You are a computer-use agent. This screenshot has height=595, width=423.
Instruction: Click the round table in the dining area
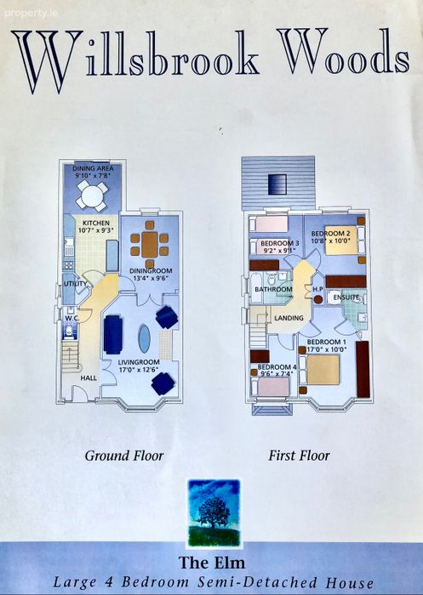[x=92, y=195]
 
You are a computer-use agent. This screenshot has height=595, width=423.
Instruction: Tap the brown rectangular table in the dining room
[x=149, y=245]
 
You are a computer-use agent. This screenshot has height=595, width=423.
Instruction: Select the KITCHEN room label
[x=96, y=223]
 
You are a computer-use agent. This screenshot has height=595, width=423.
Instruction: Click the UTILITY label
[x=75, y=284]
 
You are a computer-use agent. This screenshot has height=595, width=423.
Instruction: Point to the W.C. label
[x=71, y=319]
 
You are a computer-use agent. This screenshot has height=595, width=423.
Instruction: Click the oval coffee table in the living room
[x=145, y=339]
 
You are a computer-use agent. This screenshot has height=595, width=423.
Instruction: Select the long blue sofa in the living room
[x=113, y=334]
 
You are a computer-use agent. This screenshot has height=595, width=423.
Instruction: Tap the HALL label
[x=89, y=378]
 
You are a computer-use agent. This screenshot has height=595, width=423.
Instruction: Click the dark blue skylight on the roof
[x=277, y=184]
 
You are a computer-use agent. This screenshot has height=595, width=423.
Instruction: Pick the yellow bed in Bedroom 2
[x=341, y=241]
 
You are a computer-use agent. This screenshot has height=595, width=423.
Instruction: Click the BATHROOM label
[x=274, y=290]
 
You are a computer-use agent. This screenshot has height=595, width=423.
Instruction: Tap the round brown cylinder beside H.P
[x=318, y=299]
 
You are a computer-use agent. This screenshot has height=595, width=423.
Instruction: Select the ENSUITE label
[x=346, y=297]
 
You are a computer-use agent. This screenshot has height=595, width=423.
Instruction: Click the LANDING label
[x=289, y=318]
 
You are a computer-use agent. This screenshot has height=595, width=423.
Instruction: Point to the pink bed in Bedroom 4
[x=273, y=387]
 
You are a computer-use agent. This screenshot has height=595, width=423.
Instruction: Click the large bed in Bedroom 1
[x=323, y=370]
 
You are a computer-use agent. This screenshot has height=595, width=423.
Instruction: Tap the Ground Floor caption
[x=124, y=456]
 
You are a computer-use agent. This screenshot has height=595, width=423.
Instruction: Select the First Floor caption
[x=299, y=456]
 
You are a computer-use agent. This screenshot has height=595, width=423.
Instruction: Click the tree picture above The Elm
[x=214, y=513]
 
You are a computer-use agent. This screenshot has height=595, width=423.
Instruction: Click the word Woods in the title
[x=343, y=53]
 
